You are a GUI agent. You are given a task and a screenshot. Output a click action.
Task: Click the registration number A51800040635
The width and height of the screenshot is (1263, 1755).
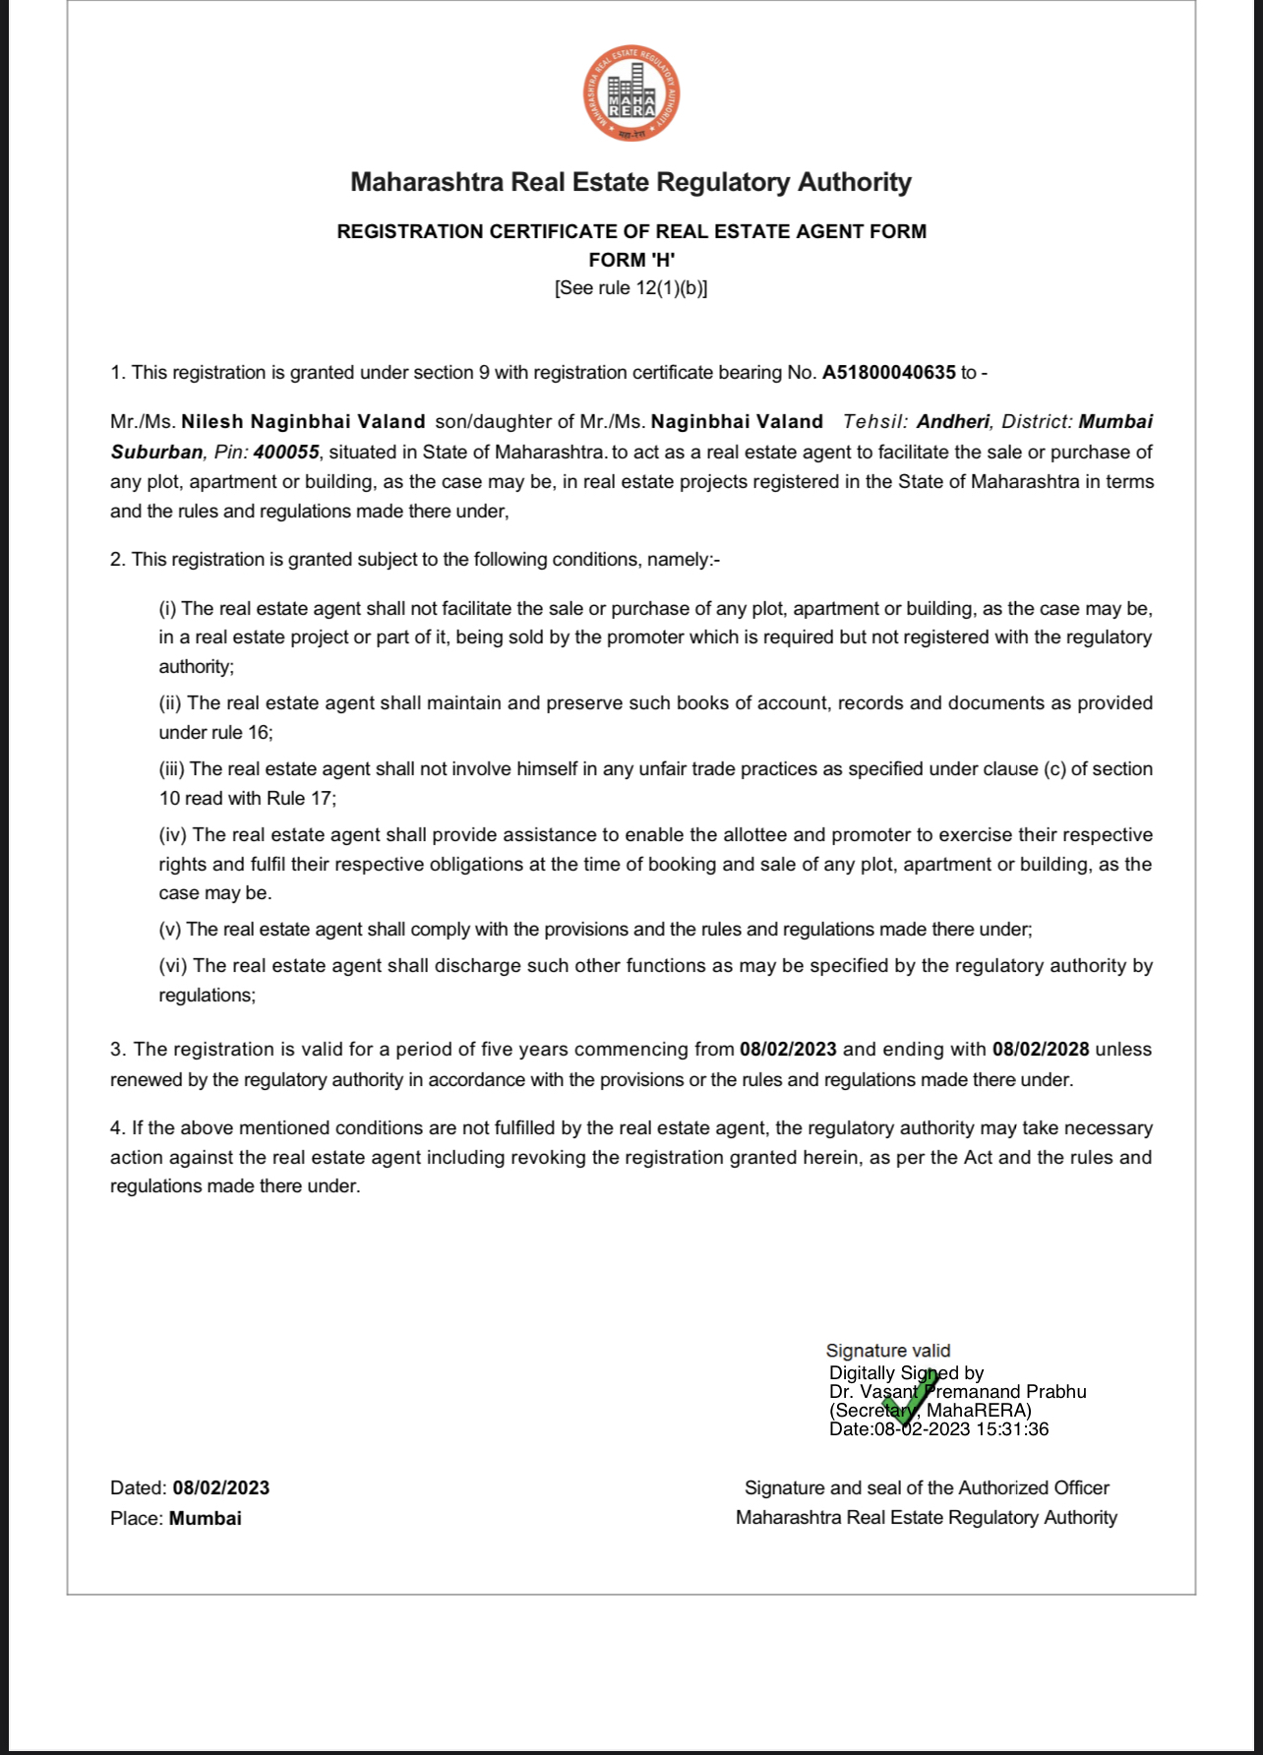coord(888,373)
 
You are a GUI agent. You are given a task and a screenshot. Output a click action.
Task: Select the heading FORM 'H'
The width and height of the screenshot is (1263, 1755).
coord(631,260)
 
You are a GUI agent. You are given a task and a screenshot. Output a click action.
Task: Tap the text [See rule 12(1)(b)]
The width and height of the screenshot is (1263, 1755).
coord(631,288)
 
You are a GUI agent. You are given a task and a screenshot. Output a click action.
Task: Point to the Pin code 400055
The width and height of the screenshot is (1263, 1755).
coord(285,453)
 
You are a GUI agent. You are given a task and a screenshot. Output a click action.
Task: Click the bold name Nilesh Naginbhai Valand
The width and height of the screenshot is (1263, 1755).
coord(303,422)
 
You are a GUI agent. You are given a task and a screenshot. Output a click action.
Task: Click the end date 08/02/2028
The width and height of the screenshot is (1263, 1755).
coord(1041,1050)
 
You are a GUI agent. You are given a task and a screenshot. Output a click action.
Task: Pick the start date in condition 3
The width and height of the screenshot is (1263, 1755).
coord(788,1050)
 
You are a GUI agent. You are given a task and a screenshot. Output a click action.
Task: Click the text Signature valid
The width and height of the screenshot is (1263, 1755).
coord(888,1351)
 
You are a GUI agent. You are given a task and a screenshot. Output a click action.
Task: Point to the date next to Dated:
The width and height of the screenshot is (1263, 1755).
coord(220,1488)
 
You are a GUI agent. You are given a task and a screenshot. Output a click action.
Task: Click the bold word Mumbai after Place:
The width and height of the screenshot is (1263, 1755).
coord(206,1519)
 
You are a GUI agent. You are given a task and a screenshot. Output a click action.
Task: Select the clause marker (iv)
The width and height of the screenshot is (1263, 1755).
coord(173,835)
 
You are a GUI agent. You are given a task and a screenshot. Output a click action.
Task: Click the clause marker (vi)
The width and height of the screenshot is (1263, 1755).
coord(173,966)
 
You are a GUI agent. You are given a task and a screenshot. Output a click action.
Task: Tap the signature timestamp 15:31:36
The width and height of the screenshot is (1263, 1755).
coord(1012,1429)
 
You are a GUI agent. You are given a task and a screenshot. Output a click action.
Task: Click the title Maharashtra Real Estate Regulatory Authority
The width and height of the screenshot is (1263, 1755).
coord(631,182)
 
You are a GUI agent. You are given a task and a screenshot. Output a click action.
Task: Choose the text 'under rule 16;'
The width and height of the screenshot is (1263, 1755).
coord(216,733)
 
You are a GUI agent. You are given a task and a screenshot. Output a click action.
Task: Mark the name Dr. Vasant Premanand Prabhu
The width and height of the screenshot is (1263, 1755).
coord(957,1392)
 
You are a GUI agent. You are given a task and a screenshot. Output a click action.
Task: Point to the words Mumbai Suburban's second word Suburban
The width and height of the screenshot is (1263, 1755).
coord(157,453)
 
